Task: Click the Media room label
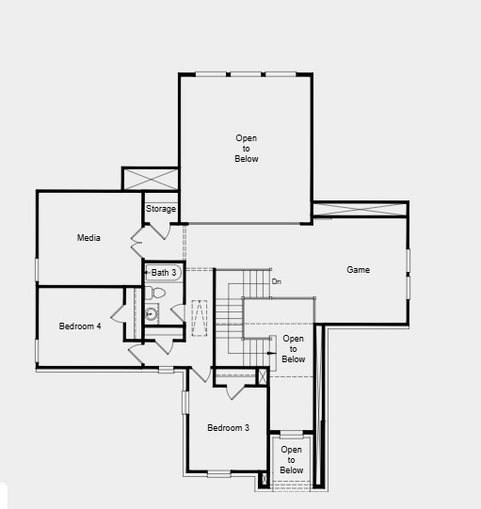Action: click(88, 238)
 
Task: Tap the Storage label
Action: click(161, 209)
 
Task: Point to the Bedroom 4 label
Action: click(80, 326)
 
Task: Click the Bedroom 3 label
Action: click(228, 428)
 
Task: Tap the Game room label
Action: click(358, 270)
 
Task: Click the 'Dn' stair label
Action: click(276, 281)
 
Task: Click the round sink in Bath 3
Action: click(152, 313)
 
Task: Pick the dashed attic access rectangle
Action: click(200, 317)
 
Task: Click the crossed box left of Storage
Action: click(150, 179)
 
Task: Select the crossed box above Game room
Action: click(360, 209)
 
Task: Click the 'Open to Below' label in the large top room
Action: click(246, 149)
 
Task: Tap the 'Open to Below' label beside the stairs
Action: click(293, 348)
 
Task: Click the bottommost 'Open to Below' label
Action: click(292, 459)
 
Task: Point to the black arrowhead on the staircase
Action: click(272, 354)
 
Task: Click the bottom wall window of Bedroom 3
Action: click(219, 473)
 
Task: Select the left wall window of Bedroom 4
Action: click(37, 350)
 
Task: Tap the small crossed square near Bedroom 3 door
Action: click(263, 376)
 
